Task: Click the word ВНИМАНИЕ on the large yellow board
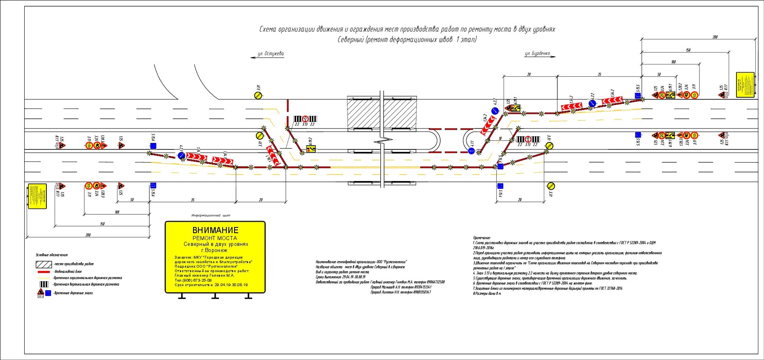point(215,230)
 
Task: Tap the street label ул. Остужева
point(270,54)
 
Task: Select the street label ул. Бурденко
point(537,54)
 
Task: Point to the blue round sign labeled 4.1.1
point(472,151)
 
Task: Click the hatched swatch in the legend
point(44,264)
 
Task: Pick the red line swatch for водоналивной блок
point(44,272)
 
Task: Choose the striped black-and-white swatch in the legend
point(44,284)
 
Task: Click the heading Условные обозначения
point(52,255)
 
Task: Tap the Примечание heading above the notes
point(481,238)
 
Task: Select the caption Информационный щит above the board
point(211,216)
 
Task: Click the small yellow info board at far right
point(745,85)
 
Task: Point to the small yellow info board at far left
point(37,196)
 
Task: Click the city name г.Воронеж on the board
point(214,250)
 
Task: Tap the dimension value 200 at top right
point(715,37)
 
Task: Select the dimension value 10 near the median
point(500,139)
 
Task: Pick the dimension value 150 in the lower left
point(102,224)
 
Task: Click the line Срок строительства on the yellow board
point(211,285)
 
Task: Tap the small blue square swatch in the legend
point(48,293)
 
